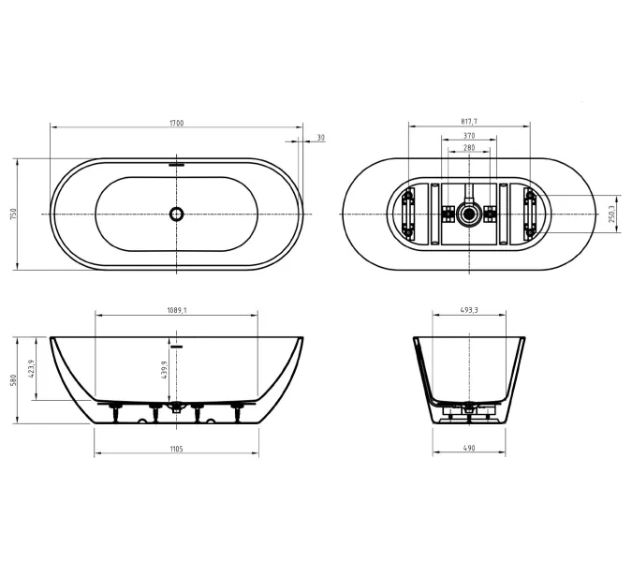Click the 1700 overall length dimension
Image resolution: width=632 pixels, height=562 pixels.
click(177, 123)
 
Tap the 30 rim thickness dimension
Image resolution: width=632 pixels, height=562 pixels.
click(320, 138)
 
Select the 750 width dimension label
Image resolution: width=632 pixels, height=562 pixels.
click(14, 214)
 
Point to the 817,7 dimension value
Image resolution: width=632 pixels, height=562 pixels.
click(469, 122)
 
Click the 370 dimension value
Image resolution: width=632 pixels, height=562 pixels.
click(469, 136)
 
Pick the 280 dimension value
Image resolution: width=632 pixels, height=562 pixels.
click(469, 148)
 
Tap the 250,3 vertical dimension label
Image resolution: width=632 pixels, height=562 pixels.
click(611, 214)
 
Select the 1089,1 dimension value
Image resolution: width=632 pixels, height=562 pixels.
click(177, 310)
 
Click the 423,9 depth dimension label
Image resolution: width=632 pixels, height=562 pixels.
click(32, 369)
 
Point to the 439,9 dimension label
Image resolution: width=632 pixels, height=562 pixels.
click(164, 370)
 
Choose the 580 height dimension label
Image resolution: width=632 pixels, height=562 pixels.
click(14, 380)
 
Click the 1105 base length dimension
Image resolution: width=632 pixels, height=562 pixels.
click(177, 449)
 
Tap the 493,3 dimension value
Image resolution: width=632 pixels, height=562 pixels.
click(469, 310)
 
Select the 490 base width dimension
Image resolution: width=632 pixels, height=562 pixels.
click(469, 448)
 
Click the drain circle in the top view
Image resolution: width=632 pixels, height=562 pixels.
click(177, 214)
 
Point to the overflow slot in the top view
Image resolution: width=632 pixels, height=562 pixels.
click(177, 165)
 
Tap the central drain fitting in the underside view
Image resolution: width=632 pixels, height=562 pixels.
click(469, 214)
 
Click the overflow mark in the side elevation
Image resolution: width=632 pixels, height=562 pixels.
click(177, 346)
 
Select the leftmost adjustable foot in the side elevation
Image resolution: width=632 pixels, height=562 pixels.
click(116, 412)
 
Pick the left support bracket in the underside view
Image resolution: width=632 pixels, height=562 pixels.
click(408, 214)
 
